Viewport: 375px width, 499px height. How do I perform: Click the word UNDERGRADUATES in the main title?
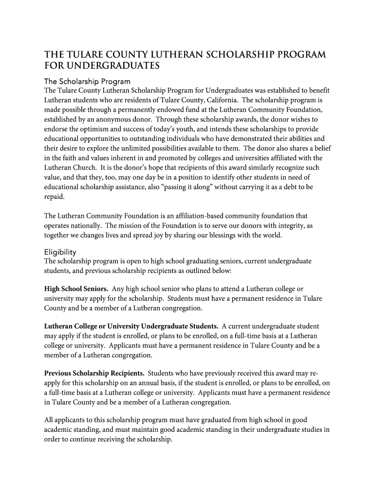coord(111,65)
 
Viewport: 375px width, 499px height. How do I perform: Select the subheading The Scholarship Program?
coord(87,81)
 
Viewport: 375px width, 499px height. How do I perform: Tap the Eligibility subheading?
coord(60,252)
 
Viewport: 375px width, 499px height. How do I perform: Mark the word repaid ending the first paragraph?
coord(54,196)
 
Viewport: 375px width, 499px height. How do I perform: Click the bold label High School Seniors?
coord(76,289)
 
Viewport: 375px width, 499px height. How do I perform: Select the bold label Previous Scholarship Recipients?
coord(94,374)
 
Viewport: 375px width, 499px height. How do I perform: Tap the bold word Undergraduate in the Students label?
coord(168,326)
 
